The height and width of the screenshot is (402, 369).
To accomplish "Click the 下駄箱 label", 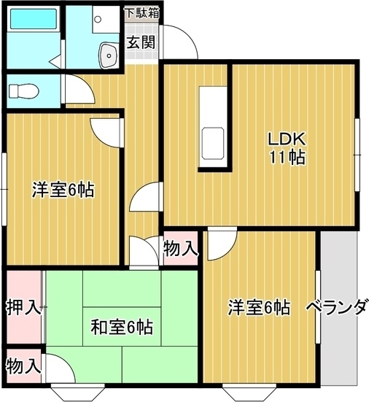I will point(142,12).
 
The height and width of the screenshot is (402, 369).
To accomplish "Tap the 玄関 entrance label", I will point(141,42).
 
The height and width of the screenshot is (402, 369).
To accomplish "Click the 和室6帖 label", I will point(122,328).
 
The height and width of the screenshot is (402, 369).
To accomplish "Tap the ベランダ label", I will point(336,307).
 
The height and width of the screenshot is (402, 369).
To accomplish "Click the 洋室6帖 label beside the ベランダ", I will point(258,307).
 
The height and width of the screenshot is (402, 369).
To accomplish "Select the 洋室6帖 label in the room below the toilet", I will point(63,190).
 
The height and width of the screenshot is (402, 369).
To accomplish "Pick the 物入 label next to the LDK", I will point(180,248).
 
